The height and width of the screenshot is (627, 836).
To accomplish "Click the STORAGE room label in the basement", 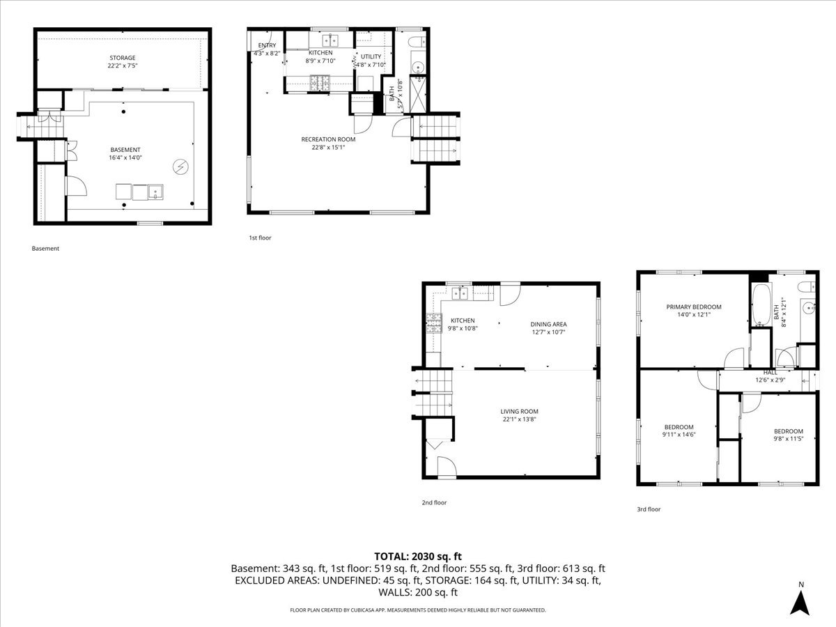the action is pyautogui.click(x=122, y=58).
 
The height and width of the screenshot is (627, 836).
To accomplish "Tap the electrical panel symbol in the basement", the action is pyautogui.click(x=180, y=167).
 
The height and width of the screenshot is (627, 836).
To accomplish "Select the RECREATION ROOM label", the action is pyautogui.click(x=328, y=139).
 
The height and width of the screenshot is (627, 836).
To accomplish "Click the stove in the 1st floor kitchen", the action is pyautogui.click(x=320, y=84).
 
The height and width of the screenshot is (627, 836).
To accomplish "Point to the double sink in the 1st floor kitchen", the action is pyautogui.click(x=330, y=40).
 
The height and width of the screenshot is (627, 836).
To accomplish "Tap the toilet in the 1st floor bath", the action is pyautogui.click(x=417, y=41).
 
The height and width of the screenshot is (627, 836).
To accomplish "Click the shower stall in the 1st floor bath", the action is pyautogui.click(x=418, y=95).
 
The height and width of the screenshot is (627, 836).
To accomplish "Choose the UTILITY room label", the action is pyautogui.click(x=371, y=56).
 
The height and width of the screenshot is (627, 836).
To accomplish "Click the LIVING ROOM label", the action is pyautogui.click(x=519, y=411).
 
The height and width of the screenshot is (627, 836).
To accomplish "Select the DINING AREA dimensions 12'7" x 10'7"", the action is pyautogui.click(x=548, y=332).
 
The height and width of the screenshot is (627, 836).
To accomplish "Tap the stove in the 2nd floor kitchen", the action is pyautogui.click(x=434, y=323).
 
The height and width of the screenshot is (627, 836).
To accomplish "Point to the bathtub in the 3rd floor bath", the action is pyautogui.click(x=761, y=304).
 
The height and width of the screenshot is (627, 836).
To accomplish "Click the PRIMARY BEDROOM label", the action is pyautogui.click(x=694, y=307).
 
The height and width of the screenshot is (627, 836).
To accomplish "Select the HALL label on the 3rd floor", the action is pyautogui.click(x=770, y=372).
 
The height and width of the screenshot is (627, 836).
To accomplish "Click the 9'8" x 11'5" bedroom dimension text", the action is pyautogui.click(x=789, y=439).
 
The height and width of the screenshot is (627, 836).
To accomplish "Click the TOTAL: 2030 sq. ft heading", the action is pyautogui.click(x=418, y=557).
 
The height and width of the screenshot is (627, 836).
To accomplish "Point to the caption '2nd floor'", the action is pyautogui.click(x=434, y=502).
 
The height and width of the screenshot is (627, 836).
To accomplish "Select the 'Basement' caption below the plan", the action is pyautogui.click(x=45, y=249).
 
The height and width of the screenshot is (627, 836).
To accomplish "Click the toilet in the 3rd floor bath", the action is pyautogui.click(x=807, y=286).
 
